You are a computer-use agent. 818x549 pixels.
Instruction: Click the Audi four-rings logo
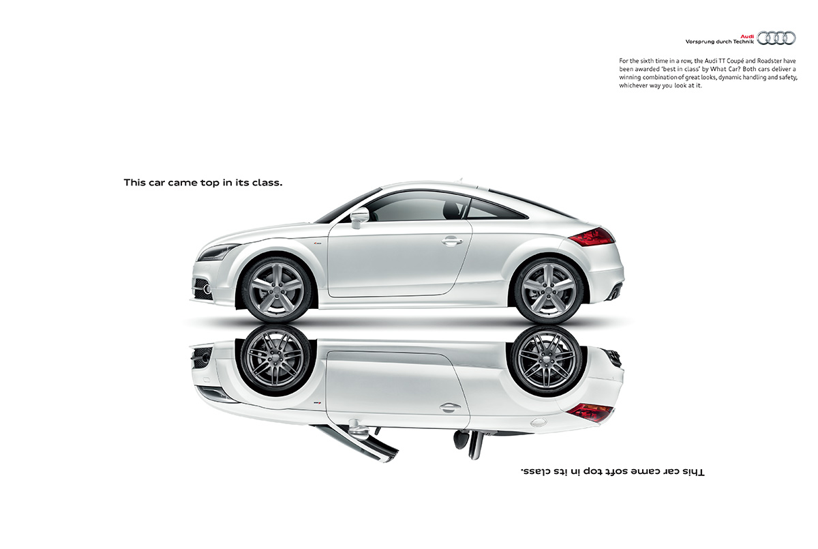776,38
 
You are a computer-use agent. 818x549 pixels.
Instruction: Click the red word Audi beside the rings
747,37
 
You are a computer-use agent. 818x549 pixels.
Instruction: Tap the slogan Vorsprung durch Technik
719,42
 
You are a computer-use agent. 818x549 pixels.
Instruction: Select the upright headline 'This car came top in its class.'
203,182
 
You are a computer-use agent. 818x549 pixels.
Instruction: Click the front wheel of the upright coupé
277,289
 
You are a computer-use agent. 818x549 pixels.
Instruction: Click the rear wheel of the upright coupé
548,290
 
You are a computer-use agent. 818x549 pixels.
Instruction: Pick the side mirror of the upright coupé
359,217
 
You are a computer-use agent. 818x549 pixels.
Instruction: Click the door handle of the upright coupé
452,241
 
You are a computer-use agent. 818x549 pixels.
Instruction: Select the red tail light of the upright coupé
592,237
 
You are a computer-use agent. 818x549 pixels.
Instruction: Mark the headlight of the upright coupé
218,252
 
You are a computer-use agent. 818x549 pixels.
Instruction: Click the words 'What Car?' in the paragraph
724,69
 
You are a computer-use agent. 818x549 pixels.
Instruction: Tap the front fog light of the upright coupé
207,290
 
